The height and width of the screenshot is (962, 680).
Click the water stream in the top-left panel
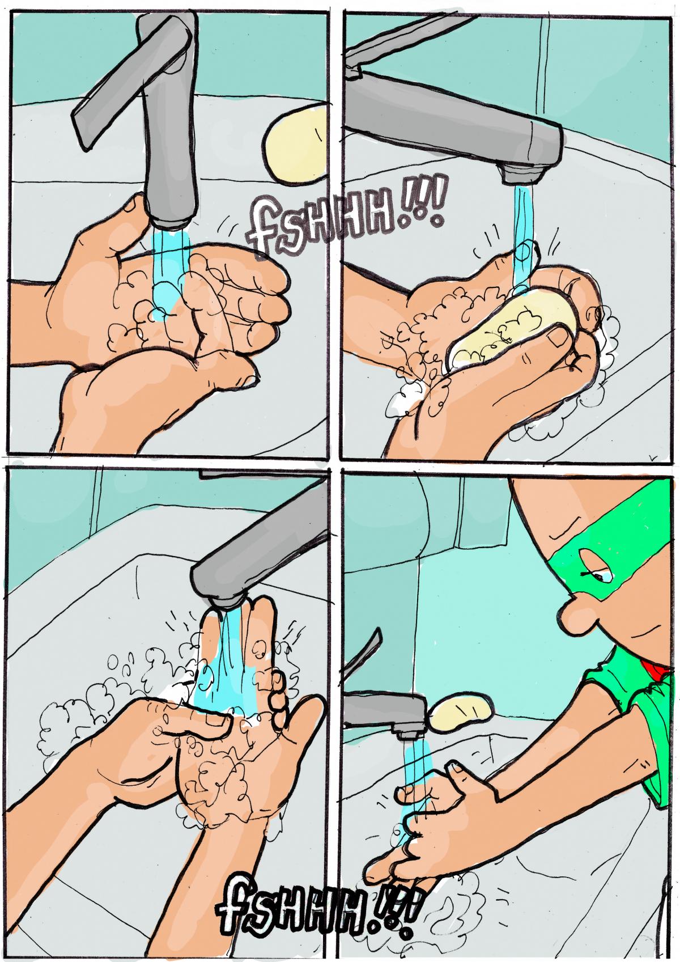coord(169,275)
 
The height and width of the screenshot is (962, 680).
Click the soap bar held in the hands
coord(511,329)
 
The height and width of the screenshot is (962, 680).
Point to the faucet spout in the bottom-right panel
coord(386,713)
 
